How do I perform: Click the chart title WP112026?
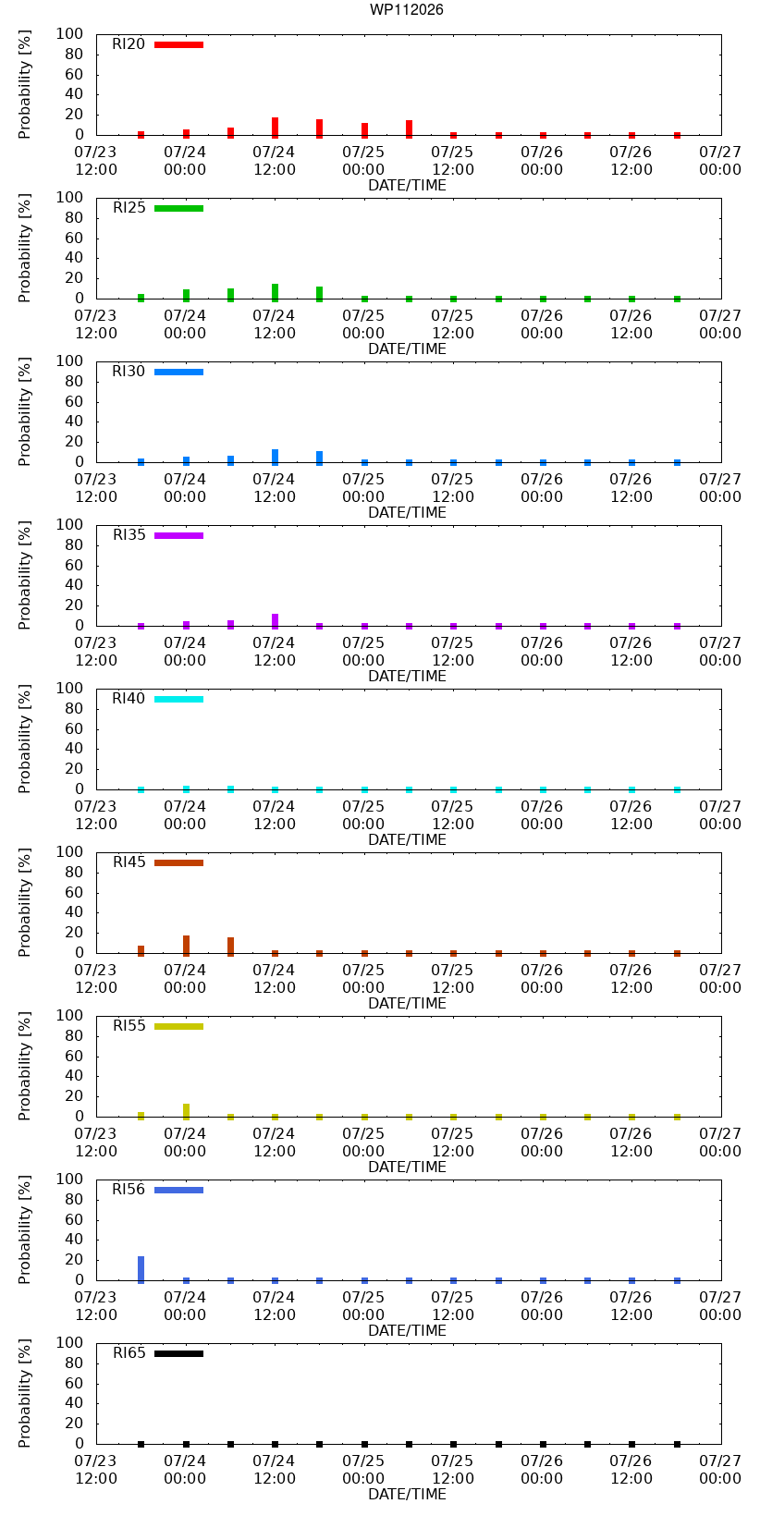tap(406, 9)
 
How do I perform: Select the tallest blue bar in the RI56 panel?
tap(141, 1269)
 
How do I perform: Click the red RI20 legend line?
tap(178, 45)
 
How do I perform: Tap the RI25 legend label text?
tap(129, 207)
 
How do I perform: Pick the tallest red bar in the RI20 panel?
tap(275, 128)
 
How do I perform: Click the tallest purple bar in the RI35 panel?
tap(275, 621)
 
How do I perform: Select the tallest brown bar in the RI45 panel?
tap(186, 946)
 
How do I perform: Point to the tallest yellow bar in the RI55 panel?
tap(186, 1111)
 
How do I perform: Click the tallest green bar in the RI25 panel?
tap(275, 293)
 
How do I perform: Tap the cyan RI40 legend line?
tap(178, 699)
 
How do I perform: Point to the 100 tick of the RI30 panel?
tap(69, 361)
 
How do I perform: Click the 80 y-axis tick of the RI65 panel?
tap(74, 1363)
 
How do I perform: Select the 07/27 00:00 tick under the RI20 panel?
tap(719, 161)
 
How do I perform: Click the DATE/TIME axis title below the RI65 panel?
tap(408, 1494)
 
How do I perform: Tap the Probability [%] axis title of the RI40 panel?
tap(25, 739)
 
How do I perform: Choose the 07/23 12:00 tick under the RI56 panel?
tap(95, 1305)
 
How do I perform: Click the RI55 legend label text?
tap(129, 1025)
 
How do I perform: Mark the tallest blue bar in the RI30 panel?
tap(275, 457)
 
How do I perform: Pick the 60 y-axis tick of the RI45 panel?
tap(74, 892)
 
